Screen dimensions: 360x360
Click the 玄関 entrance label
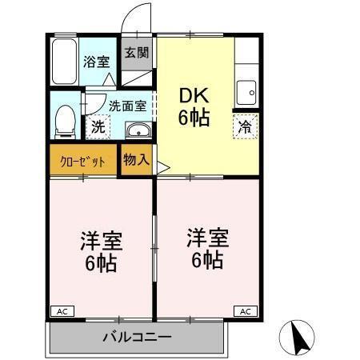[x=136, y=54]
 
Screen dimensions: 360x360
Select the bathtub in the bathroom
[x=64, y=61]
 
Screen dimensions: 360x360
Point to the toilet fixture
[x=64, y=120]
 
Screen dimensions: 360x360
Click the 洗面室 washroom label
[x=126, y=105]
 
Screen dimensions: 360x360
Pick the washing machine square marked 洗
[x=98, y=125]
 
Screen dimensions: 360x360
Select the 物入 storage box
[x=136, y=158]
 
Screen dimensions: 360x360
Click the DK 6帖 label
[x=194, y=106]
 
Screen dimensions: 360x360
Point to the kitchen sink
[x=246, y=91]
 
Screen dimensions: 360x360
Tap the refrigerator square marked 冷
[x=246, y=125]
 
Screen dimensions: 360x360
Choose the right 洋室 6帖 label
[x=207, y=249]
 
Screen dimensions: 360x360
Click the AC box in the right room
[x=246, y=310]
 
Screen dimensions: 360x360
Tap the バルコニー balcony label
[x=137, y=337]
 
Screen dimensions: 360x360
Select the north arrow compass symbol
[x=298, y=338]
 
